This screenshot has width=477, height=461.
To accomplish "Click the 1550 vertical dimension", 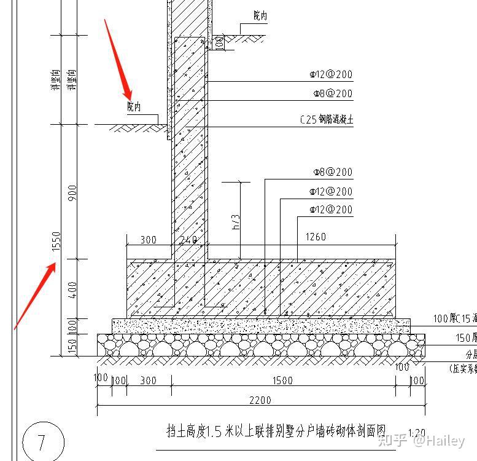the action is pyautogui.click(x=56, y=242).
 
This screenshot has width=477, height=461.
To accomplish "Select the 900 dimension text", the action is pyautogui.click(x=74, y=193).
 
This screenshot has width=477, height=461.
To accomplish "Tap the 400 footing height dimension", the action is pyautogui.click(x=73, y=288).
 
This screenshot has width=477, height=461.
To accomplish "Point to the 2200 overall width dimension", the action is pyautogui.click(x=260, y=400).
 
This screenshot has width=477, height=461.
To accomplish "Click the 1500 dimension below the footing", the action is pyautogui.click(x=282, y=380).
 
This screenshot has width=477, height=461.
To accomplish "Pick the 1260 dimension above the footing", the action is pyautogui.click(x=315, y=237).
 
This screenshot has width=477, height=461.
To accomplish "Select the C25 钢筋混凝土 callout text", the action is pyautogui.click(x=327, y=120).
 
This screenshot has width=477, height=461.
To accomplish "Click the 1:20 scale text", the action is pyautogui.click(x=416, y=434).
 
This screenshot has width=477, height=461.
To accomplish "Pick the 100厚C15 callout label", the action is pyautogui.click(x=454, y=318).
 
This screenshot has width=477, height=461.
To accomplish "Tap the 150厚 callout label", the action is pyautogui.click(x=465, y=337).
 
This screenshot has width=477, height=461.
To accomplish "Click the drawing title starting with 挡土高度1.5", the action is pyautogui.click(x=276, y=431).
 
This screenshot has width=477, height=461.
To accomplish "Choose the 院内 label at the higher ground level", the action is pyautogui.click(x=260, y=15).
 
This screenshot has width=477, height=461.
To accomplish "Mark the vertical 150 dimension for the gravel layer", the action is pyautogui.click(x=72, y=347).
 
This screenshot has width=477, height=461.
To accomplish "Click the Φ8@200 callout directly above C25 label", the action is pyautogui.click(x=331, y=93).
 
